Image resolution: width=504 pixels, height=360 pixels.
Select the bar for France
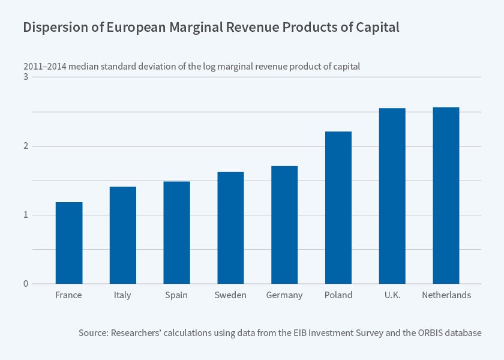coord(69,243)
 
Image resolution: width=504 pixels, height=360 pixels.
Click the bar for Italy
coord(122,235)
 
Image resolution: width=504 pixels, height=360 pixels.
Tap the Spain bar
coord(176,233)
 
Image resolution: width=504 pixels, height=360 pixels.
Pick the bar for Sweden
coord(230,228)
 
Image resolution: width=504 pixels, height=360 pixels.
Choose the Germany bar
coord(284,225)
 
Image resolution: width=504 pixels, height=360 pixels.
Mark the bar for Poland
coord(338,208)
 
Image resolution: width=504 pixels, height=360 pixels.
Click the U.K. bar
coord(392,196)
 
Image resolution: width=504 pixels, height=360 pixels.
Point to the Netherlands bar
coord(446,196)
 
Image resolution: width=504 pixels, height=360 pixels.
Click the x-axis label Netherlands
coord(446,295)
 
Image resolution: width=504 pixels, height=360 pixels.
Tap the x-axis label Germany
coord(284,295)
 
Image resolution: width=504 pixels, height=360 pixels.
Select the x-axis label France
coord(68,295)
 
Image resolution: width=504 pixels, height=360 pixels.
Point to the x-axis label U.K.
coord(392,295)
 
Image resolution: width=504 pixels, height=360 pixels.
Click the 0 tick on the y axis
coord(26,284)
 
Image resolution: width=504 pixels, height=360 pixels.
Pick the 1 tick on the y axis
coord(26,215)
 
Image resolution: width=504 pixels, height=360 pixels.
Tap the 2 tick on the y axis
coord(26,146)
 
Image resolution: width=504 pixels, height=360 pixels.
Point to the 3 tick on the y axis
coord(26,77)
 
